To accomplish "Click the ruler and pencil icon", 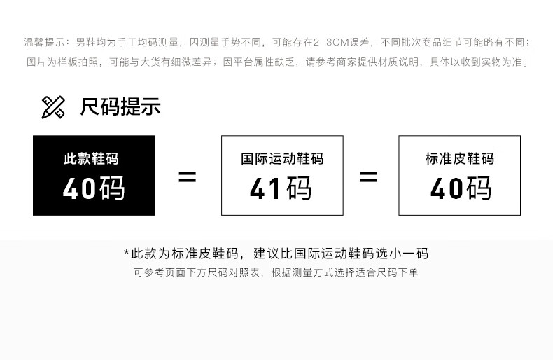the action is coord(53,107).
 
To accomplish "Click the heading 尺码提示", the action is coord(120,107).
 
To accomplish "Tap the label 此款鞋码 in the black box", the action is coord(94,159).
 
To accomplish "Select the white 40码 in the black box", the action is coord(94,188).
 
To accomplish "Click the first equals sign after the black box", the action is coord(187,176).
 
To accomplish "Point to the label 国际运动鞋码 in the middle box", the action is coord(282,159).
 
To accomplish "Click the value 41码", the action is coord(282,188).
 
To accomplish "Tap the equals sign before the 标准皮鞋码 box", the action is coord(368,176).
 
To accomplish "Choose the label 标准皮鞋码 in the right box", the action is coord(459,159).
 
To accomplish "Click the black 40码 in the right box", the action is coord(459,188).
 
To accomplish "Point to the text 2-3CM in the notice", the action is coord(332,43).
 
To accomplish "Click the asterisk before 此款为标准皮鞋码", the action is coord(127,253).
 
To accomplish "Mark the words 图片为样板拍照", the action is coord(64,62).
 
